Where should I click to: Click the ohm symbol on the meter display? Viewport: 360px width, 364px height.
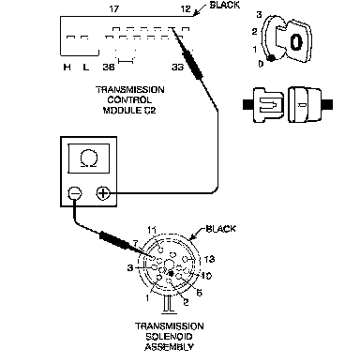(x=89, y=159)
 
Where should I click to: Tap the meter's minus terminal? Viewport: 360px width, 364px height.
(x=75, y=193)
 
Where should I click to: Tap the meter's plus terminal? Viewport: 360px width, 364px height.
(x=103, y=193)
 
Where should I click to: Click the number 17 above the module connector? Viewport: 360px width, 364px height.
(x=114, y=8)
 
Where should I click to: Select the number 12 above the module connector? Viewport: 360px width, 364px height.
(x=186, y=8)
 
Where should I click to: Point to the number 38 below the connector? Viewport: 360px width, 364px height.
(x=109, y=67)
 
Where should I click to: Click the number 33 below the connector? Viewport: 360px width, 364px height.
(x=177, y=67)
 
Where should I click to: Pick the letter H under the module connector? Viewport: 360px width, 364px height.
(x=67, y=67)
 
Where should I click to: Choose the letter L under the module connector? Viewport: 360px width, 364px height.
(x=85, y=67)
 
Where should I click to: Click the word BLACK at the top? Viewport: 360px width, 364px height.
(x=224, y=6)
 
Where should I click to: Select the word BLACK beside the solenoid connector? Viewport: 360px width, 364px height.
(x=220, y=229)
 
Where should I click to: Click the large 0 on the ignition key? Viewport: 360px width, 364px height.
(x=296, y=41)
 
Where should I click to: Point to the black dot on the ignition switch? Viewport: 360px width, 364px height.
(x=272, y=58)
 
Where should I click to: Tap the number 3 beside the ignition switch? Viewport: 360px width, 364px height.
(x=259, y=15)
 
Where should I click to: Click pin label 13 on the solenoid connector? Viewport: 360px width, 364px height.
(x=209, y=259)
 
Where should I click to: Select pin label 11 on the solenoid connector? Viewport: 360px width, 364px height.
(x=152, y=231)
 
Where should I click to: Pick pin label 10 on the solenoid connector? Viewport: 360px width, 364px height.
(x=206, y=276)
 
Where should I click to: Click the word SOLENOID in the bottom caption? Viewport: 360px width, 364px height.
(x=169, y=337)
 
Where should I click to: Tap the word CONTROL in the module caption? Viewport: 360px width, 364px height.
(x=129, y=100)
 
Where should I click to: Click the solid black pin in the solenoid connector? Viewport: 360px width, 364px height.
(x=171, y=274)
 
